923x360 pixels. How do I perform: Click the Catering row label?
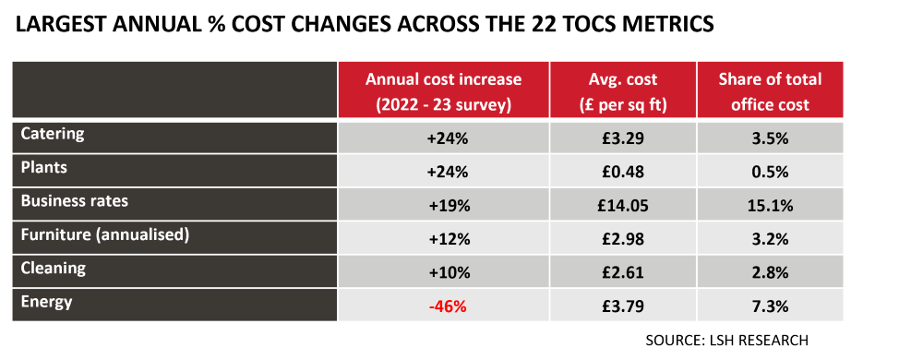coord(52,134)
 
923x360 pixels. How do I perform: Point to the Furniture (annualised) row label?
coord(104,234)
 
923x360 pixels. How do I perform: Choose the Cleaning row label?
coord(53,269)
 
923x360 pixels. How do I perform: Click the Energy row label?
coord(46,302)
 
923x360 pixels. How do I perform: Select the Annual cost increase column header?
coord(443,91)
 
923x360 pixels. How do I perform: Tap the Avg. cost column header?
coord(623,91)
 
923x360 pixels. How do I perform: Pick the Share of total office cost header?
coord(770,91)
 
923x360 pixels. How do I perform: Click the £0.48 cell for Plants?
coord(623,172)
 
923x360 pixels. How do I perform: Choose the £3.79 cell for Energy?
coord(623,306)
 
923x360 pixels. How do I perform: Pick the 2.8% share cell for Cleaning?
coord(770,272)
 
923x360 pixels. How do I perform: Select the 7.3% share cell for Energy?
coord(770,306)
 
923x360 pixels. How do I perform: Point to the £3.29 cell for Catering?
coord(623,138)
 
